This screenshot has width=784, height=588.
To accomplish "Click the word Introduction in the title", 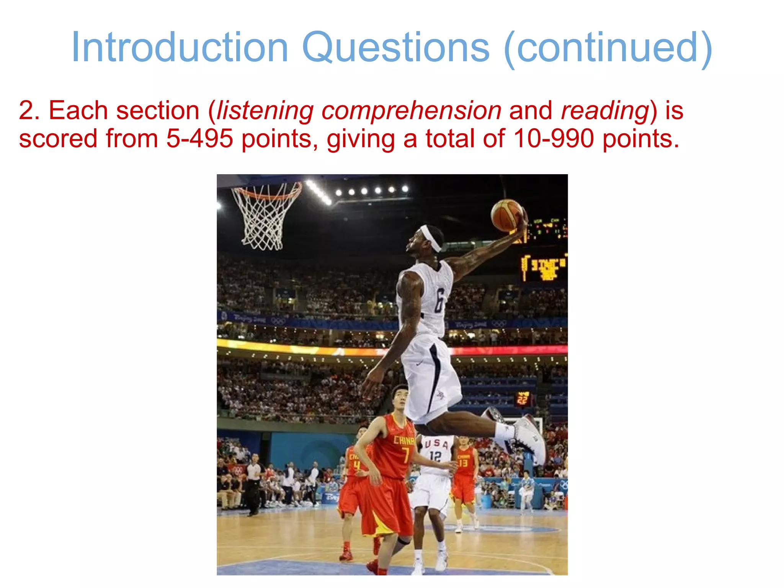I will pos(180,47).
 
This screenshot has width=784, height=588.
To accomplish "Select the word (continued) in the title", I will pos(608,47).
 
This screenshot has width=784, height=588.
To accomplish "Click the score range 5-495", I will pos(199,139).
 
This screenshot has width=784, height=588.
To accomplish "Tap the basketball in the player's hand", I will pos(507,215).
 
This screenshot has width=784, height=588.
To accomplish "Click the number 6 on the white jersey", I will pos(439,301).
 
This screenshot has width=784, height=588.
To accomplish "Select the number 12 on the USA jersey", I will pos(435,456).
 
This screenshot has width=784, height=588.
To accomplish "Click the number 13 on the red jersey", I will pos(463,463).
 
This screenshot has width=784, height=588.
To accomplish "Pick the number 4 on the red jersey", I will pos(356,465).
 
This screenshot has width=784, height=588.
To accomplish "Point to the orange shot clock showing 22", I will pos(523,400).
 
